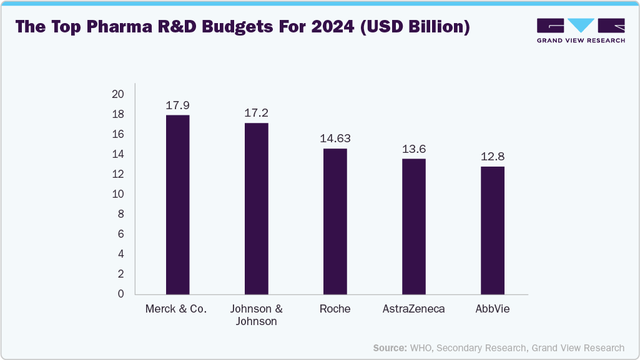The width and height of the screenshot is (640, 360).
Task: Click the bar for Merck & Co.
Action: coord(177,205)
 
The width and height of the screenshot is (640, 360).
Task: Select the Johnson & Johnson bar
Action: coord(256,208)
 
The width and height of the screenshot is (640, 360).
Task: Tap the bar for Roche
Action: coord(335,221)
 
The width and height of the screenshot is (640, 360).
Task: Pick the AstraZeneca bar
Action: coord(413,226)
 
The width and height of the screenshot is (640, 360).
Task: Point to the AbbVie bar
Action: coord(493,230)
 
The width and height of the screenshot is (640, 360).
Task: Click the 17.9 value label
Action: coord(177,105)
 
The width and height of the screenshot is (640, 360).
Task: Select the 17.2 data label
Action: coord(256,113)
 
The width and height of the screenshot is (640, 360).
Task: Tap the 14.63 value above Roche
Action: coord(335,139)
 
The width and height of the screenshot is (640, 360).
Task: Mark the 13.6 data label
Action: coord(413,148)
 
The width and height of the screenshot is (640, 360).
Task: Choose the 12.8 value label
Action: coord(493,156)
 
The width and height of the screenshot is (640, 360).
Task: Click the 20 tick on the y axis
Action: coord(118,94)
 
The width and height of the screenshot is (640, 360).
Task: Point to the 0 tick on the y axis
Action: coord(121,294)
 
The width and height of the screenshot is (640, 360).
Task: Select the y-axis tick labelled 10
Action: coord(118,194)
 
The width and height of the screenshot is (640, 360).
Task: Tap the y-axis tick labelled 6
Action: coord(121,234)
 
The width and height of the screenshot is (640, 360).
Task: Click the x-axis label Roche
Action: coord(335,309)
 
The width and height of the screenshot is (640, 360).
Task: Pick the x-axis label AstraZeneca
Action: coord(413,309)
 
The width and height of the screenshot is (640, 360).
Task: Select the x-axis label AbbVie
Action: coord(493,309)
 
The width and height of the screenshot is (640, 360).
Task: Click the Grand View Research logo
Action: coord(581,31)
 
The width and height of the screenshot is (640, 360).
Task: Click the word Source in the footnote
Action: coord(390,348)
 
